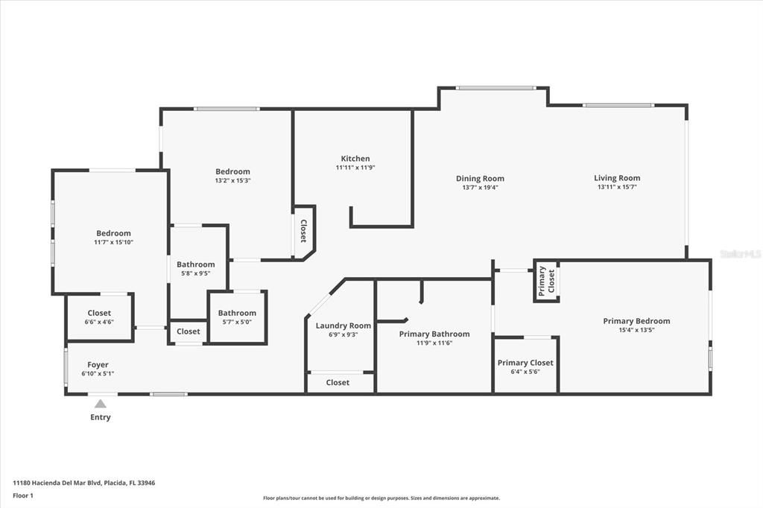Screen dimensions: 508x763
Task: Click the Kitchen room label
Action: click(x=355, y=159)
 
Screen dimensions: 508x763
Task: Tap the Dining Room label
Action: click(x=480, y=179)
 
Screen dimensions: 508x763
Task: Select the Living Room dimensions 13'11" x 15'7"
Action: click(x=617, y=187)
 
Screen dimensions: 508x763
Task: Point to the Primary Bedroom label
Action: click(x=636, y=321)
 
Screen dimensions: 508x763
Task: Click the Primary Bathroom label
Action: click(x=434, y=334)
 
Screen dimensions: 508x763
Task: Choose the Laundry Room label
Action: click(x=343, y=326)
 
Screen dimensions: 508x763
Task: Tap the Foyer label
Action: click(x=98, y=365)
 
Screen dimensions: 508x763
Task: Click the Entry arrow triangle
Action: click(x=101, y=404)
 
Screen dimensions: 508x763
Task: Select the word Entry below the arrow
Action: click(x=101, y=417)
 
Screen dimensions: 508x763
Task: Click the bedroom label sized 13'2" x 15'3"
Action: click(x=232, y=171)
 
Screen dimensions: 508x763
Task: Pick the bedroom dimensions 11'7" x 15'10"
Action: click(x=113, y=242)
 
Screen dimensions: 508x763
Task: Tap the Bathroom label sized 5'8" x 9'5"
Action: click(x=195, y=264)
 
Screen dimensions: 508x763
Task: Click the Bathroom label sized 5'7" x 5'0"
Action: click(x=237, y=313)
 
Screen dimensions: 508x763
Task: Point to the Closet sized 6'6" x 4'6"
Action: click(x=99, y=313)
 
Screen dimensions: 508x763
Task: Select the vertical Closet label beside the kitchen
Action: click(x=303, y=231)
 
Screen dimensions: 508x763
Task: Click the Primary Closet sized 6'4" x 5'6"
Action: click(x=525, y=363)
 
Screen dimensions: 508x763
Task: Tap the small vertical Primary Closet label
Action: click(x=547, y=281)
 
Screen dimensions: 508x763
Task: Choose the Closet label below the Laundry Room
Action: click(x=338, y=382)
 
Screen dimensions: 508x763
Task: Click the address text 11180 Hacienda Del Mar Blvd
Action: click(x=83, y=483)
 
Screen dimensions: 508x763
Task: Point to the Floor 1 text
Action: click(x=23, y=495)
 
